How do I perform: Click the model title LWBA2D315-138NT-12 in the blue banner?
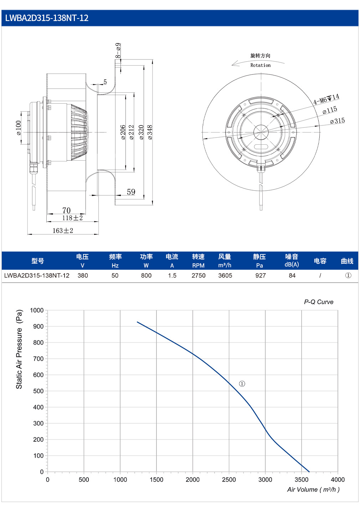tap(47, 18)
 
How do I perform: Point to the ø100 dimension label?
tap(19, 128)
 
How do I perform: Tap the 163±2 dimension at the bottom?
tap(63, 231)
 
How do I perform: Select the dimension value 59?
tap(131, 192)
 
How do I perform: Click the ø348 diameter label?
tap(150, 132)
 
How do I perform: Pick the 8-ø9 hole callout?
tap(118, 51)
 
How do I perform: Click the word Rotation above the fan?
tap(260, 65)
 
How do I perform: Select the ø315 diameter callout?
tap(337, 121)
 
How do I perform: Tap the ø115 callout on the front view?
tap(330, 110)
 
